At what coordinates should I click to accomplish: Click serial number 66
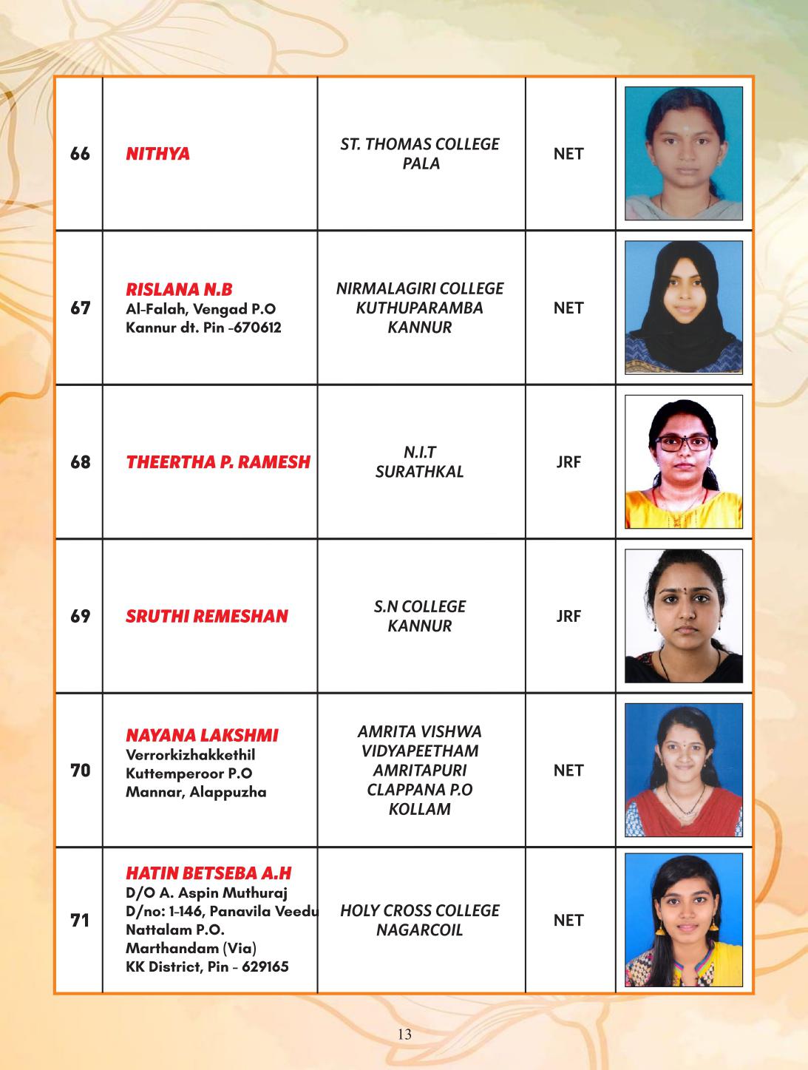(80, 154)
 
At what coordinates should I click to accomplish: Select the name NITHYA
(157, 154)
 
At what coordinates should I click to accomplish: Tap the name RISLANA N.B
(179, 289)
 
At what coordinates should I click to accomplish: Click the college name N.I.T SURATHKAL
(420, 462)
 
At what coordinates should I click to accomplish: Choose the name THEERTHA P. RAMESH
(218, 462)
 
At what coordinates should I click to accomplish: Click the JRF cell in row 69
(568, 616)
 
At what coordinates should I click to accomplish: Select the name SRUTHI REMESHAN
(206, 616)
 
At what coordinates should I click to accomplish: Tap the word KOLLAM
(420, 809)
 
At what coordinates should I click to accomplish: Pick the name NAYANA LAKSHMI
(202, 735)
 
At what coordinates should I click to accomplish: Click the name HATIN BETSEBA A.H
(208, 873)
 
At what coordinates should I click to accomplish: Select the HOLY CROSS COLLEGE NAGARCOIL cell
(420, 920)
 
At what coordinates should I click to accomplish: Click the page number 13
(404, 1034)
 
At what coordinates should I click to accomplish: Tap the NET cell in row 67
(568, 308)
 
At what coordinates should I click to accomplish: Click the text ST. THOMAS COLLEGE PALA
(420, 154)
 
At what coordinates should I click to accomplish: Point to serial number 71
(80, 921)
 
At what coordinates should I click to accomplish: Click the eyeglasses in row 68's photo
(684, 443)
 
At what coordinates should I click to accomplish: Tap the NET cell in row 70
(568, 771)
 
